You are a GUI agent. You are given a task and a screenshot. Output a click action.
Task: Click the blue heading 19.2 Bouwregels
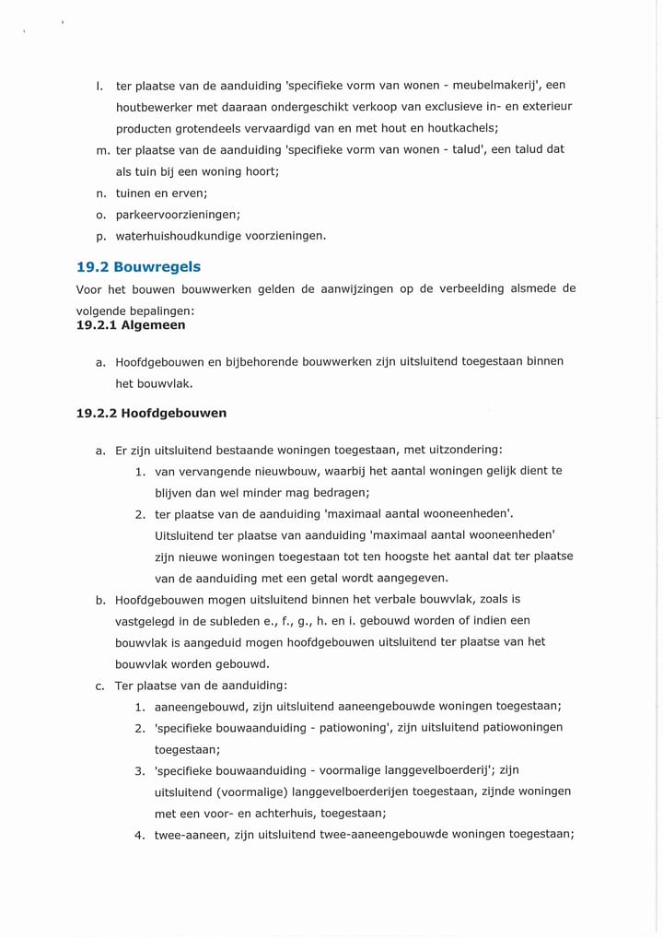[x=138, y=267]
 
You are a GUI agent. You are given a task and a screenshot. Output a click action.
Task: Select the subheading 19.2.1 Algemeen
[x=131, y=325]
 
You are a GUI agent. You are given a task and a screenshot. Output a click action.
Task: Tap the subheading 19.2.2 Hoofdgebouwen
[x=151, y=413]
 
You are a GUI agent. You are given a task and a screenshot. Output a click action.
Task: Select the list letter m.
[x=102, y=149]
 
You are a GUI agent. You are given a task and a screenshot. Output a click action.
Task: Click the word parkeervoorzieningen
[x=178, y=215]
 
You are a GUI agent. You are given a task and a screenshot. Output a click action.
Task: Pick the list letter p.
[x=100, y=236]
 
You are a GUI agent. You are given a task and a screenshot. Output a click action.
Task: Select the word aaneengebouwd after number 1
[x=194, y=706]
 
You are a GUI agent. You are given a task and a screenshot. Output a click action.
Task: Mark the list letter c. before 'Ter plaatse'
[x=100, y=686]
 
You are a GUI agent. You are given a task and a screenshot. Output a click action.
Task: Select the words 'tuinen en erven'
[x=161, y=193]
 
